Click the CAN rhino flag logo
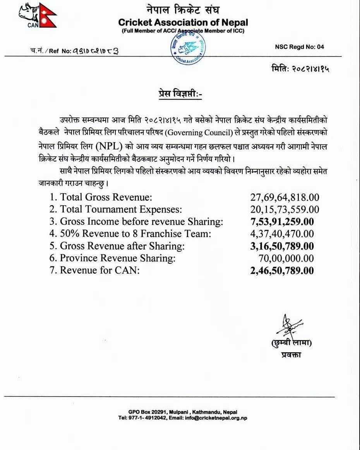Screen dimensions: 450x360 tap(38, 15)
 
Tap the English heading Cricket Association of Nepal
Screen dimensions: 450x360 tap(183, 22)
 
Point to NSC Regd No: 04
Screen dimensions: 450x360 tap(300, 47)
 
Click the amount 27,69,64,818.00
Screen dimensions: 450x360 tap(285, 197)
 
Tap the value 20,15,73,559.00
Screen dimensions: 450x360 tap(285, 210)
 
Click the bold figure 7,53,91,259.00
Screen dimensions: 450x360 tap(282, 222)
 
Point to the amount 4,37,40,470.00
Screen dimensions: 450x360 tap(282, 234)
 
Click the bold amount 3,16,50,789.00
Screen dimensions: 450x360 tap(282, 246)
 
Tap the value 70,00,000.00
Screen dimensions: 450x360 tap(286, 258)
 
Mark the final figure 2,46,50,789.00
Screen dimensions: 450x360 tap(282, 270)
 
